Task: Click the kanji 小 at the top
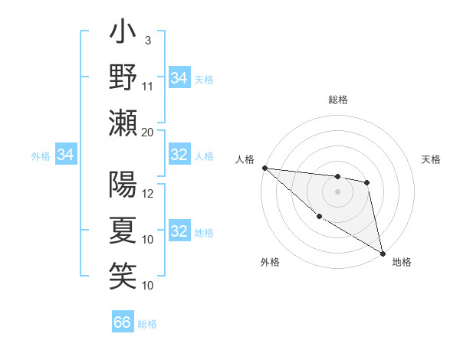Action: point(123,34)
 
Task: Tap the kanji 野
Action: point(123,77)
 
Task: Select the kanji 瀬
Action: point(123,123)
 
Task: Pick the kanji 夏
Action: point(123,230)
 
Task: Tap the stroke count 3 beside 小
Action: point(147,41)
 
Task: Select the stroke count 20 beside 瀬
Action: point(148,132)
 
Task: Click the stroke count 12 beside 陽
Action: point(148,194)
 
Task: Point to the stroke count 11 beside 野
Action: point(148,86)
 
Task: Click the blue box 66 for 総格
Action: point(123,322)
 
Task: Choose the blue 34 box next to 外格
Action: point(65,155)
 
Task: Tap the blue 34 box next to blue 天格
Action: point(179,78)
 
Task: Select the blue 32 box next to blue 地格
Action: point(179,231)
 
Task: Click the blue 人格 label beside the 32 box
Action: point(204,155)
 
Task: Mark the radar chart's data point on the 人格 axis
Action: point(264,168)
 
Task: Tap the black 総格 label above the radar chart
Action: point(337,100)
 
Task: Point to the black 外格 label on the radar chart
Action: point(270,262)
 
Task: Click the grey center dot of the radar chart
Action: point(337,191)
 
